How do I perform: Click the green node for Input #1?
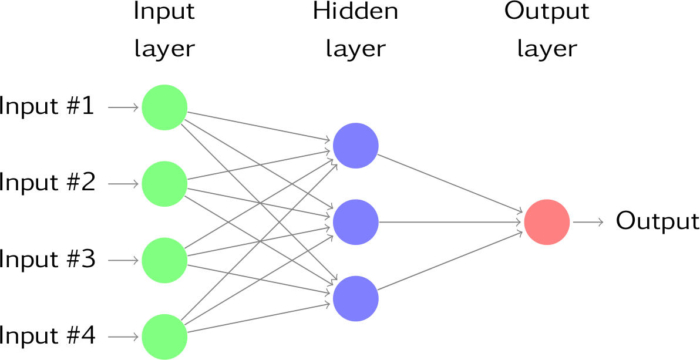pyautogui.click(x=164, y=107)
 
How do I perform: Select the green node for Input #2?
pyautogui.click(x=164, y=184)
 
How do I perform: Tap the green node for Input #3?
pyautogui.click(x=164, y=260)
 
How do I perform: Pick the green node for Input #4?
pyautogui.click(x=164, y=337)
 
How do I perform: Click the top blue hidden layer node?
pyautogui.click(x=356, y=146)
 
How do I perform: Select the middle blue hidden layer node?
pyautogui.click(x=356, y=222)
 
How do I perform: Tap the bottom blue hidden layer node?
pyautogui.click(x=356, y=298)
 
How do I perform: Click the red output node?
pyautogui.click(x=547, y=222)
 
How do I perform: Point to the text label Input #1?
pyautogui.click(x=47, y=107)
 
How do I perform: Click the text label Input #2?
pyautogui.click(x=47, y=183)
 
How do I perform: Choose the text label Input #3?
pyautogui.click(x=47, y=260)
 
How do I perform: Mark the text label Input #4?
pyautogui.click(x=47, y=336)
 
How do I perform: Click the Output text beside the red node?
pyautogui.click(x=657, y=221)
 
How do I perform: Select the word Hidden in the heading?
pyautogui.click(x=355, y=12)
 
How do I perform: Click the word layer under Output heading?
pyautogui.click(x=547, y=49)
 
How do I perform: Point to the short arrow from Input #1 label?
pyautogui.click(x=123, y=107)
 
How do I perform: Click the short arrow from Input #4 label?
pyautogui.click(x=123, y=337)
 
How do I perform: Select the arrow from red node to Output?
pyautogui.click(x=588, y=222)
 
